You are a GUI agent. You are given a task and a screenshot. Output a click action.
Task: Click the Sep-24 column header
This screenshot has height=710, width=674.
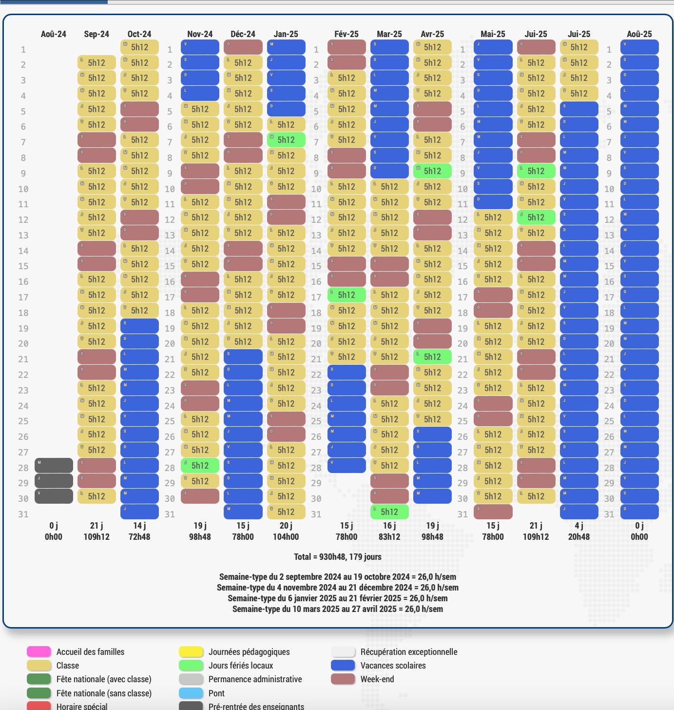(96, 34)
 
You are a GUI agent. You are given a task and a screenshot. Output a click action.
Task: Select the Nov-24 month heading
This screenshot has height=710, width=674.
(200, 34)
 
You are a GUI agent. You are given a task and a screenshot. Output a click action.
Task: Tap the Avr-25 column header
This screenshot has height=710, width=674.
(432, 34)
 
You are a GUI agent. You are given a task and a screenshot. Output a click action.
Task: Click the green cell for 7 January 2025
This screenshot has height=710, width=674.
(286, 140)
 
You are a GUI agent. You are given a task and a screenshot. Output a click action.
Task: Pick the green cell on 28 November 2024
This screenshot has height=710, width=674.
(200, 466)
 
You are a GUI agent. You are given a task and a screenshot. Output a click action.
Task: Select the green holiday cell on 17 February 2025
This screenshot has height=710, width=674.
(347, 295)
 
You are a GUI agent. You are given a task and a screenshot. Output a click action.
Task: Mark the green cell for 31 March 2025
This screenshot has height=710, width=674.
(389, 512)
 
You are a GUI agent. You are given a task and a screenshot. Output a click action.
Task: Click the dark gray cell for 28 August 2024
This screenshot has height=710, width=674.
(54, 466)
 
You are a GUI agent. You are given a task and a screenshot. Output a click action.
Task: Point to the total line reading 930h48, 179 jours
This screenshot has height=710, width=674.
(337, 557)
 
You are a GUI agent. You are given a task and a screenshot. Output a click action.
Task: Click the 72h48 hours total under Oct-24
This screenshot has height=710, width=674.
(139, 537)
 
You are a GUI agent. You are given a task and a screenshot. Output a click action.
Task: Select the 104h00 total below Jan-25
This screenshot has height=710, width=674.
(286, 537)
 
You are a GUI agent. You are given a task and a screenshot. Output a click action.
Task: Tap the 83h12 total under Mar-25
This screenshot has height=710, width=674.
(389, 537)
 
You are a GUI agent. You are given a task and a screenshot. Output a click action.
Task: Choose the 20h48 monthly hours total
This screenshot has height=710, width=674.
(579, 537)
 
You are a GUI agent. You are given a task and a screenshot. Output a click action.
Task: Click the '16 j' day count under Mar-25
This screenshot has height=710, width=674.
(389, 526)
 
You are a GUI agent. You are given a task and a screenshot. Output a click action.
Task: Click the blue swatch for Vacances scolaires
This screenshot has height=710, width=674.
(343, 666)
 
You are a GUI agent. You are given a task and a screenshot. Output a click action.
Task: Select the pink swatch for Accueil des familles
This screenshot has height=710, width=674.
(39, 652)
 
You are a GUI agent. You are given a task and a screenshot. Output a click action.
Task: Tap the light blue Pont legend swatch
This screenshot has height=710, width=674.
(191, 693)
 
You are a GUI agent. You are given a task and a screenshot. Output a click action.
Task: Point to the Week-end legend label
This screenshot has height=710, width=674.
(377, 679)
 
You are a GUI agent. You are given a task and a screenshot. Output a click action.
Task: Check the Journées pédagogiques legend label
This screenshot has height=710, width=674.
(249, 652)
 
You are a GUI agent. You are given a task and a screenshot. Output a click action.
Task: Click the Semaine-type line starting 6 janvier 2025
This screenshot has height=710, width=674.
(337, 598)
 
